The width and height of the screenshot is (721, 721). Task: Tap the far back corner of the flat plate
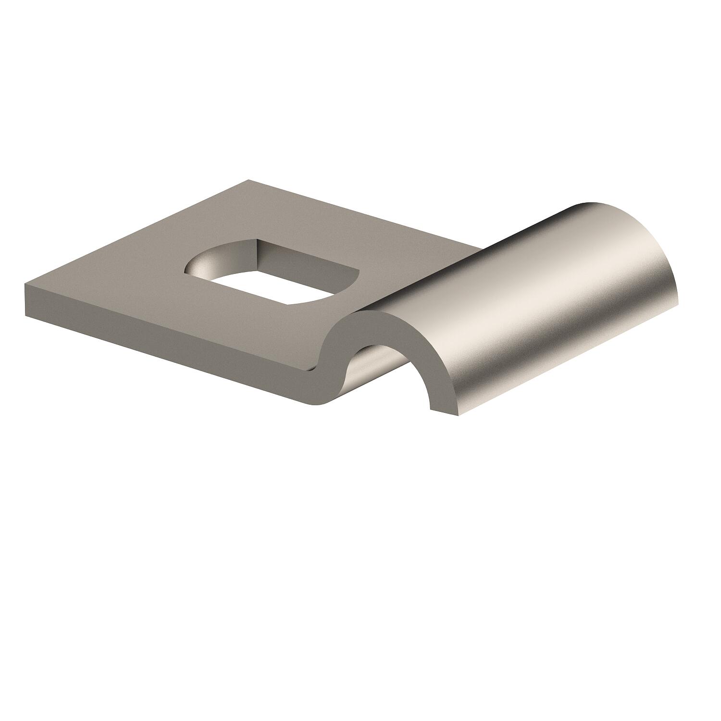pos(249,181)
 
